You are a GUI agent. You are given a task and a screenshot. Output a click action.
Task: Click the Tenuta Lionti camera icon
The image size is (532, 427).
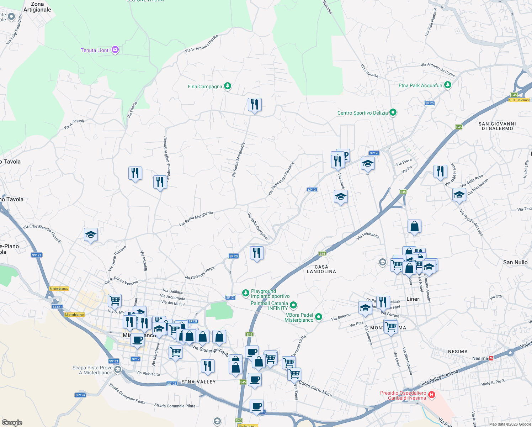115,50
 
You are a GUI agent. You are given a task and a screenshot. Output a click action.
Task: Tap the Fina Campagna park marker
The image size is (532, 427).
228,86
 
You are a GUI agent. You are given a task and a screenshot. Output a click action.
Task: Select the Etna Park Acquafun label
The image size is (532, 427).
420,86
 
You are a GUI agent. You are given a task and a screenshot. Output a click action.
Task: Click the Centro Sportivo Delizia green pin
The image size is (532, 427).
393,112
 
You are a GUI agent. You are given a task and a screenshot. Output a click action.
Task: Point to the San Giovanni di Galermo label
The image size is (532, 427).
497,126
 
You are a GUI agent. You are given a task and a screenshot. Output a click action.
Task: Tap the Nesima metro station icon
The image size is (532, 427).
491,358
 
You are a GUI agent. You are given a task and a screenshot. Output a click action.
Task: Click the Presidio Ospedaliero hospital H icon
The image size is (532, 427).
432,394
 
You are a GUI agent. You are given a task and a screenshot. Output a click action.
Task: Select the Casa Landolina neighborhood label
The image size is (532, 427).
321,269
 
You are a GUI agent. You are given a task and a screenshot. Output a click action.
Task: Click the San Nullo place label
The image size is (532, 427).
515,262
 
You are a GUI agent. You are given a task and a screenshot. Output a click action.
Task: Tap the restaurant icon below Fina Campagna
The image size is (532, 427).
255,105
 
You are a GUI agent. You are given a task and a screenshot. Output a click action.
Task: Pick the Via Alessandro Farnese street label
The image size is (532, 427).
281,179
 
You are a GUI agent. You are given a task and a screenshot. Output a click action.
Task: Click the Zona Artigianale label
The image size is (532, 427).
37,7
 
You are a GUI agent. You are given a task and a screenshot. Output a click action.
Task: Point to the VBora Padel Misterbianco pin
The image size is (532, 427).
319,317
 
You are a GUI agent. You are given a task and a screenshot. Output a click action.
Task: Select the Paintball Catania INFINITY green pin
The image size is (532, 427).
293,305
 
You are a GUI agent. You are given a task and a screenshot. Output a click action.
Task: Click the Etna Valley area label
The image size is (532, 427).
198,382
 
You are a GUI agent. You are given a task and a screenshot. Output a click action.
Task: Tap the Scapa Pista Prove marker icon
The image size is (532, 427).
118,370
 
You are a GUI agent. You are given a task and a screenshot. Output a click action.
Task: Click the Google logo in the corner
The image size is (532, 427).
12,422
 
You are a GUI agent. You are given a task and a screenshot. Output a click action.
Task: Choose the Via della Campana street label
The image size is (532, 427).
258,226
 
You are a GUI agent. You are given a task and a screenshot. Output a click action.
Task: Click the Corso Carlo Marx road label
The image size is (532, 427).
315,388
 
